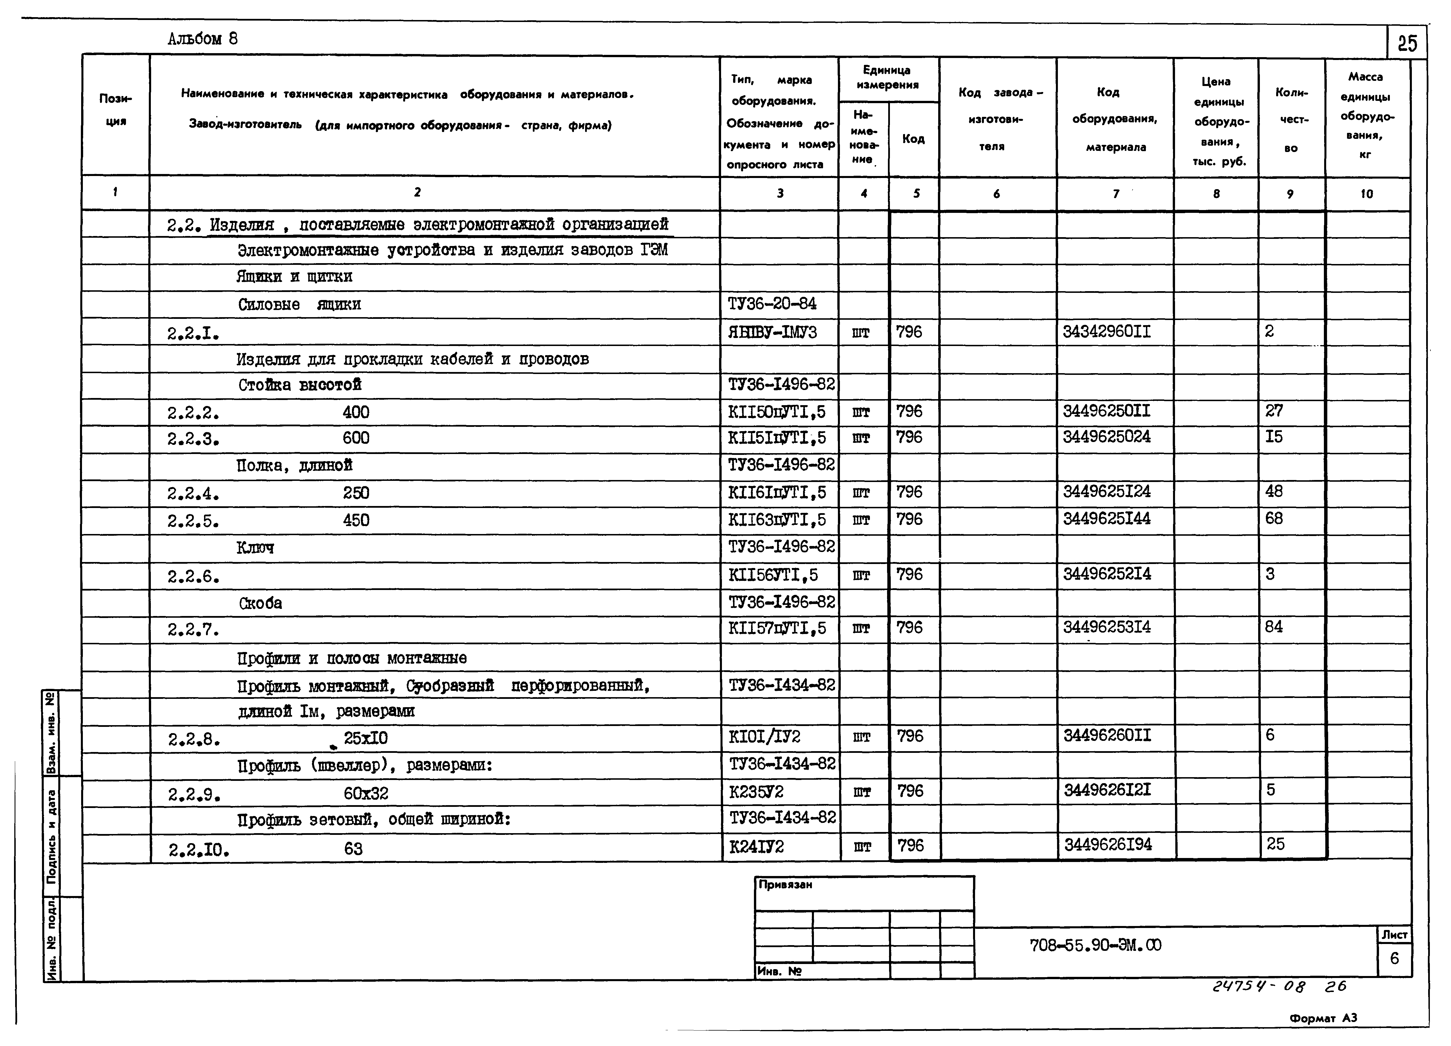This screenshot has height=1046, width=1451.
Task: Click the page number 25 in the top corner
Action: click(x=1407, y=43)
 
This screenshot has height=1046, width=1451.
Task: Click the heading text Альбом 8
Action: click(x=202, y=39)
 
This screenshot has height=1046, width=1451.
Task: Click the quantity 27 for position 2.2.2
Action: click(x=1274, y=411)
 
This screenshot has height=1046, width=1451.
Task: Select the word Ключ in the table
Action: click(x=255, y=548)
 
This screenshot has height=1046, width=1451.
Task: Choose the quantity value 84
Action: click(x=1274, y=627)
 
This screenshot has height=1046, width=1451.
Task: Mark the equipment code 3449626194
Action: click(x=1107, y=845)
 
